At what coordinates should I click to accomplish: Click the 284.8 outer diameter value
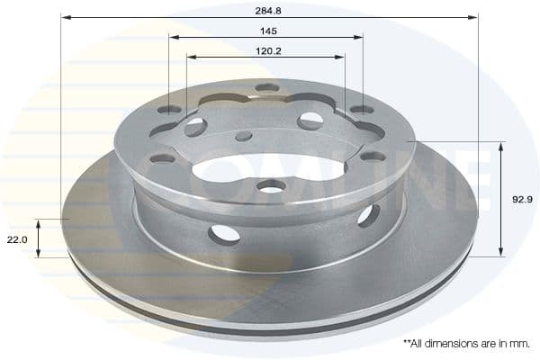pos(266,12)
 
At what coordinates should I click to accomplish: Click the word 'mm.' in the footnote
pos(521,344)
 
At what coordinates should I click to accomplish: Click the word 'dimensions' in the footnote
pos(452,344)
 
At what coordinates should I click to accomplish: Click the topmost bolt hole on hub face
pos(267,87)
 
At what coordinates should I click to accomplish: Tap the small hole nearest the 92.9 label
pos(373,156)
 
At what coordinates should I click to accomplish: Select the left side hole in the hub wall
pos(224,234)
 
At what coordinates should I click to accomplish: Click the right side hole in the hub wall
pos(367,215)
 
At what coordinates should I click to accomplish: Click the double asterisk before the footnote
pos(407,343)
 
